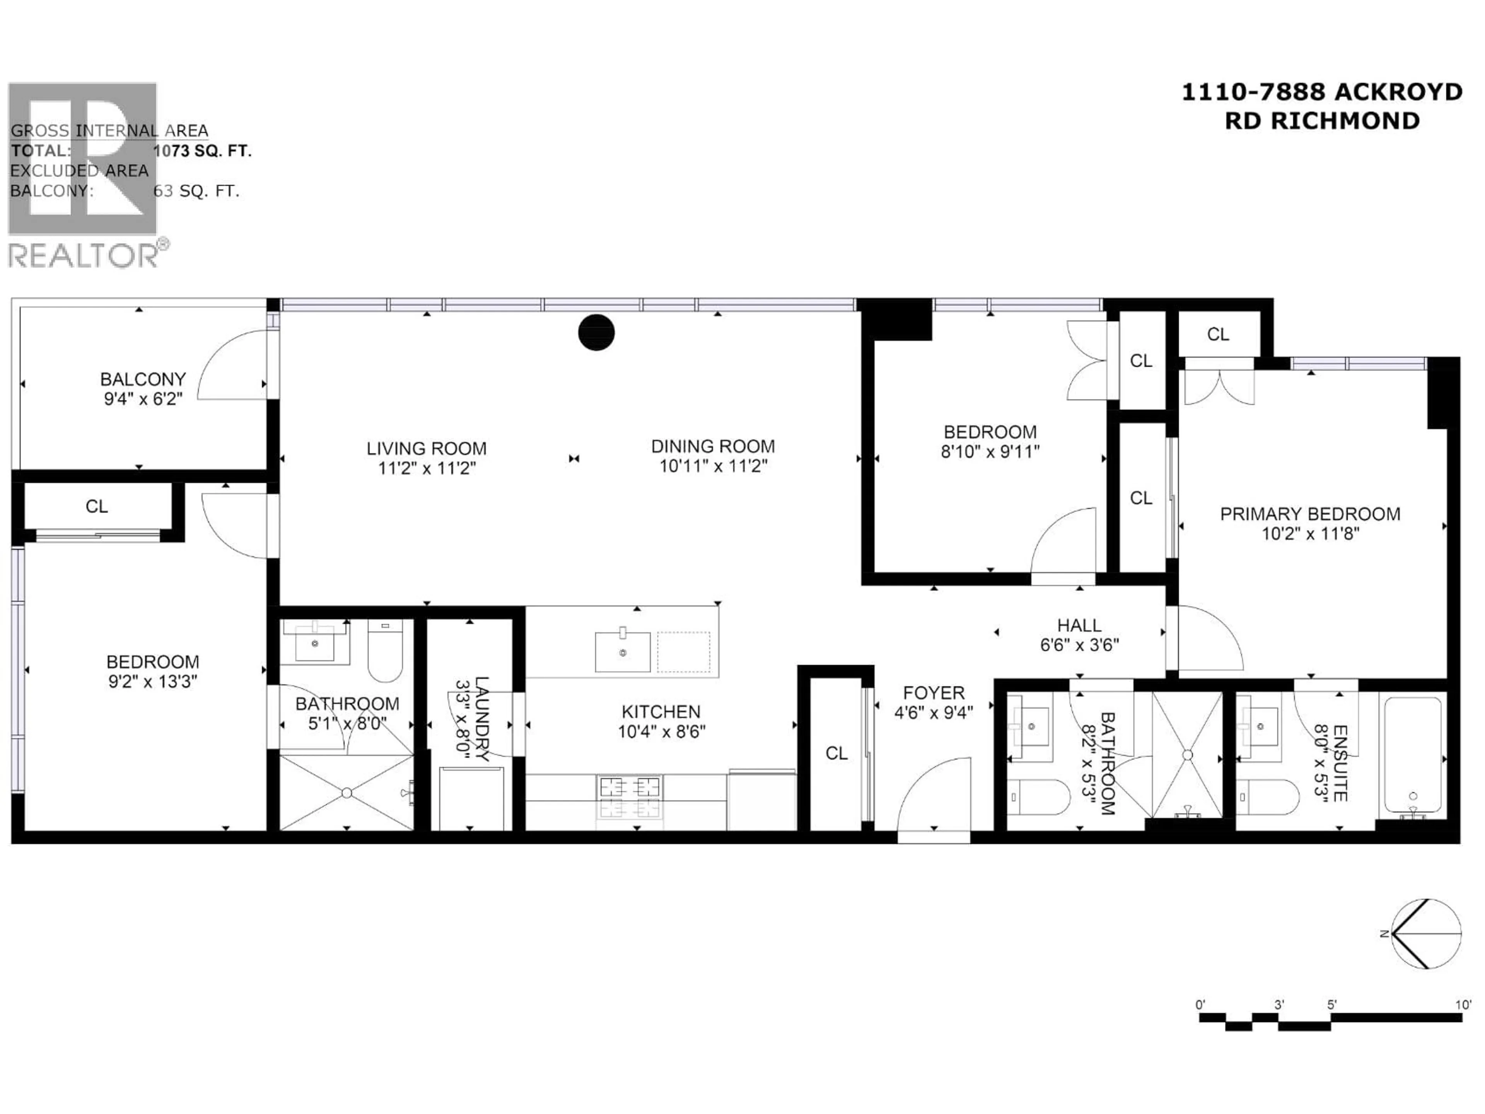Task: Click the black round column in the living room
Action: pyautogui.click(x=596, y=332)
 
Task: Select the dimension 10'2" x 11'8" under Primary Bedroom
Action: pyautogui.click(x=1310, y=534)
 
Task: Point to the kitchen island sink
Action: pyautogui.click(x=622, y=651)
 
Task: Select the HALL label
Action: pyautogui.click(x=1079, y=625)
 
